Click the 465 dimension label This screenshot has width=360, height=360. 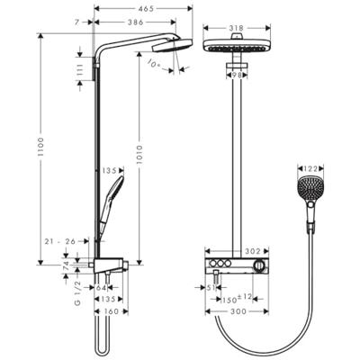coord(147,9)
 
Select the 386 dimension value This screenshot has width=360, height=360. coord(135,22)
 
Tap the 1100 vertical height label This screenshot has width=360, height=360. coord(40,148)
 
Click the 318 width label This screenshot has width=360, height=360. coord(237,28)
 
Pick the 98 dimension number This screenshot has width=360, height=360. coord(237,75)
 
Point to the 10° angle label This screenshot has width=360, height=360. coord(155,64)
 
